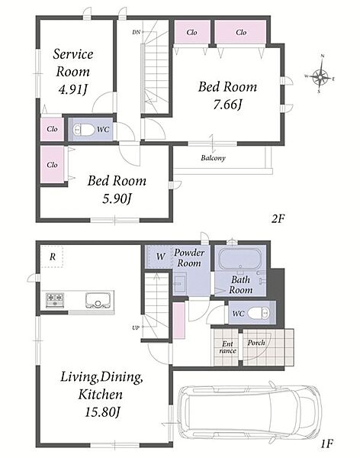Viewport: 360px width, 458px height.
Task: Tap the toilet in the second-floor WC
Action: [84, 130]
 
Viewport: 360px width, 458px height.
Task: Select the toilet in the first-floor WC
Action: [259, 314]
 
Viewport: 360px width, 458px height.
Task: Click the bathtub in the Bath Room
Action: [239, 259]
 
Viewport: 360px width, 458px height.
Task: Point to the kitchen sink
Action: [97, 300]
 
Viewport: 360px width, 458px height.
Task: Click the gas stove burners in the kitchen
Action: [55, 298]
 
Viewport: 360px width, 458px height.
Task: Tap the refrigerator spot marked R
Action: [52, 256]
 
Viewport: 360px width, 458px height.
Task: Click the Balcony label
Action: [213, 158]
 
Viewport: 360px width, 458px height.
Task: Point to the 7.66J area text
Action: [228, 105]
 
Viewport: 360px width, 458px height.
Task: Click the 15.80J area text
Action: [102, 412]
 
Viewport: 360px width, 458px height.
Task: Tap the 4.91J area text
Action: [73, 89]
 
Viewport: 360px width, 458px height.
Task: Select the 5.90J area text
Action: [117, 199]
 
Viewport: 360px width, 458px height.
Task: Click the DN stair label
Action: [136, 32]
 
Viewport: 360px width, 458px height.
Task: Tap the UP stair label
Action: [136, 327]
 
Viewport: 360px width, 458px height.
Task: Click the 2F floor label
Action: [278, 218]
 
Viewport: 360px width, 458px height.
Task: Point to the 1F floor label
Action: [326, 444]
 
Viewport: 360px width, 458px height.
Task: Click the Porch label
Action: [256, 343]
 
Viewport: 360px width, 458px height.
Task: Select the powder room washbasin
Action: [180, 282]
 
